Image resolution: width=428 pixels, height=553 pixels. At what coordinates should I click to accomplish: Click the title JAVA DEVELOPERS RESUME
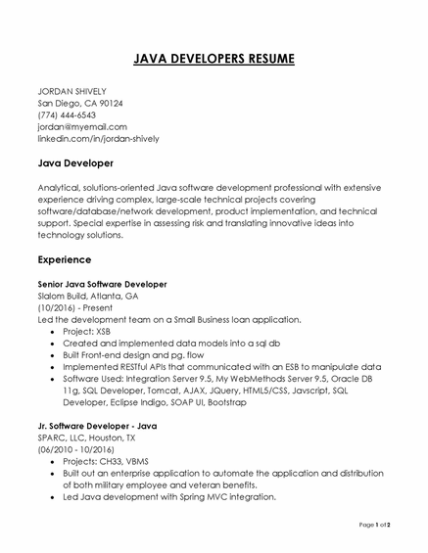coord(213,59)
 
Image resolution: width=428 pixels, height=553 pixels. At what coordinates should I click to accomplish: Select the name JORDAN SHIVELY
coord(71,90)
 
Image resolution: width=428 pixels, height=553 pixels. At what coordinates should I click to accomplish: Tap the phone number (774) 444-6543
coord(67,115)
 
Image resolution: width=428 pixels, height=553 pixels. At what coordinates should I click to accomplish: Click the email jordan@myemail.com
coord(82,126)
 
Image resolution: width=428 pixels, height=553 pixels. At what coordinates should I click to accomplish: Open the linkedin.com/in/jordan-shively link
coord(98,139)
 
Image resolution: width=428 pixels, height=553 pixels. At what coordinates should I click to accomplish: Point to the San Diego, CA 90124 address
coord(80,102)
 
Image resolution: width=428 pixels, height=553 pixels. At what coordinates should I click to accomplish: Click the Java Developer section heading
coord(75,162)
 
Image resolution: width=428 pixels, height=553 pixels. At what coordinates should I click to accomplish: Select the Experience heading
coord(65,260)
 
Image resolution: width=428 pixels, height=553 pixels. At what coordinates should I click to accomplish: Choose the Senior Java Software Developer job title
coord(102,284)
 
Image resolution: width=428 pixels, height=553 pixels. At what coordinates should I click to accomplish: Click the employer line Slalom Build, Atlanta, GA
coord(87,296)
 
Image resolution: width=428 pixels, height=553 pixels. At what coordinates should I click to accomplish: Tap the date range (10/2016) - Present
coord(75,307)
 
